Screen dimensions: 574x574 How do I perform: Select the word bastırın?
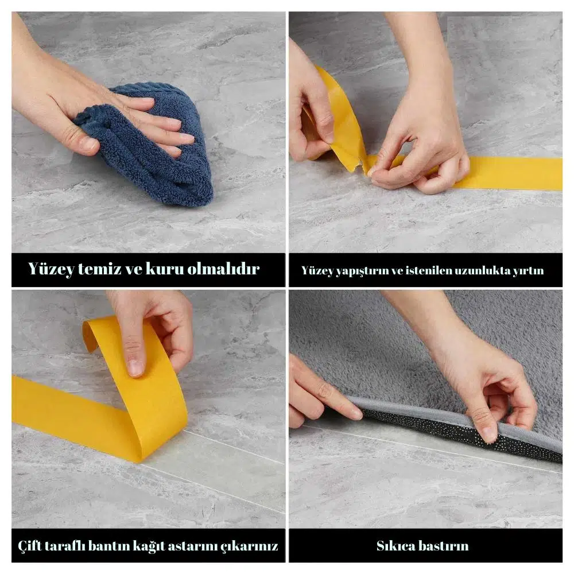point(444,546)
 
